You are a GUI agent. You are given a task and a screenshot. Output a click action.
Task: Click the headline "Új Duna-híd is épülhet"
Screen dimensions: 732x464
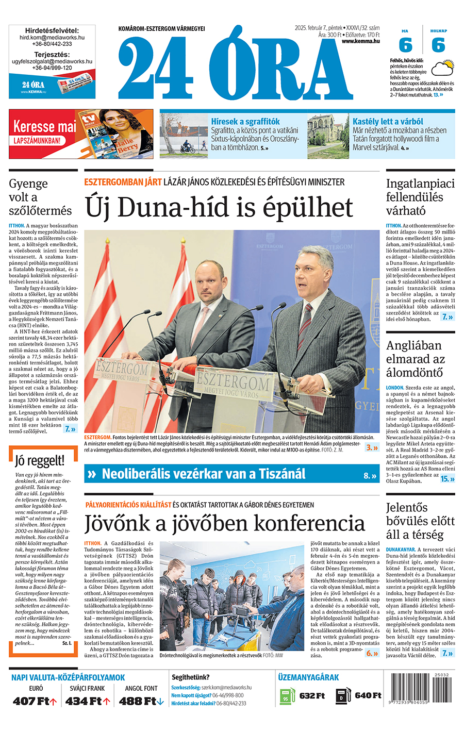(219, 208)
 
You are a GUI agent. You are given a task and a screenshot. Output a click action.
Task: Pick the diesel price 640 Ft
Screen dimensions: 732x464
(368, 695)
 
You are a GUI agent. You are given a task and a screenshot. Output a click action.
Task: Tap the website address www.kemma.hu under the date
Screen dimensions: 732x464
(360, 41)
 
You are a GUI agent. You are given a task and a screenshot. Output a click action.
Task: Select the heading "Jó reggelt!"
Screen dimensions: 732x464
(40, 460)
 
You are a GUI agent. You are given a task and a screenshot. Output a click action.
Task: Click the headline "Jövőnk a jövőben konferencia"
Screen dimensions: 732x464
(224, 523)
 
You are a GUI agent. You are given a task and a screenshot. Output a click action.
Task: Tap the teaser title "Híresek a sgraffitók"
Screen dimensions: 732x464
(245, 121)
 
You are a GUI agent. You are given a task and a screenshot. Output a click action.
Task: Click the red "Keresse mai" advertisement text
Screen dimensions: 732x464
(44, 126)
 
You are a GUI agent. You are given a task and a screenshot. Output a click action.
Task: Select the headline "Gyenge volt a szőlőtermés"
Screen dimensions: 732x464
(40, 197)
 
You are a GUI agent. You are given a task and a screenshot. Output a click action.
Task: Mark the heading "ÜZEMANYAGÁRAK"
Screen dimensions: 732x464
(308, 677)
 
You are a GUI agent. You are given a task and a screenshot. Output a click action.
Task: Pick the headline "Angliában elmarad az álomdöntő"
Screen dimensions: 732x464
(415, 359)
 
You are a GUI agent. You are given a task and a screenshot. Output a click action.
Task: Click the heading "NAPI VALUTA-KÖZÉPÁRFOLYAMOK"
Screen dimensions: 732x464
(68, 677)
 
